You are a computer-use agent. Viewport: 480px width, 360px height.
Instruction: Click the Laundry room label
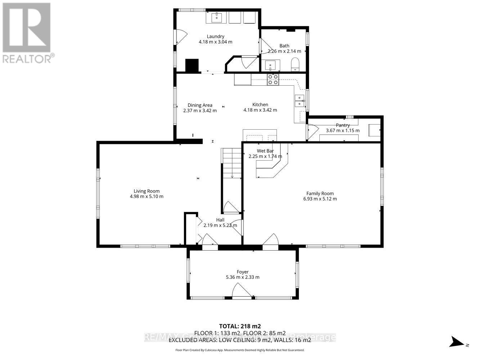click(x=215, y=36)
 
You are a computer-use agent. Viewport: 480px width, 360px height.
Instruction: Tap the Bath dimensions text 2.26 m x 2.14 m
click(x=284, y=51)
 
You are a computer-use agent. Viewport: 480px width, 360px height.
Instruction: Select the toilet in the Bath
click(x=295, y=64)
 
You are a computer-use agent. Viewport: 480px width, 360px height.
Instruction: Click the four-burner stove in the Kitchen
click(x=273, y=80)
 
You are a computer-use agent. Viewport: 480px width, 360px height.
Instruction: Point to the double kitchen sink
click(x=299, y=101)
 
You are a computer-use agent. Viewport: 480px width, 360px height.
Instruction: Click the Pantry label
click(x=342, y=125)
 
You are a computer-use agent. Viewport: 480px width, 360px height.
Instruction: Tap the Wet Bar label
click(x=265, y=151)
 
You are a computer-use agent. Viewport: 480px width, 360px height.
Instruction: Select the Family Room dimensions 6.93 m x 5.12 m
click(x=320, y=199)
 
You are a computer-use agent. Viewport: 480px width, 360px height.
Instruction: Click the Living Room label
click(x=147, y=191)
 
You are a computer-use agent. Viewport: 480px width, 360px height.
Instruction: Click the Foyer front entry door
click(x=242, y=291)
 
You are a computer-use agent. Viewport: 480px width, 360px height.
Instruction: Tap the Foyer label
click(x=242, y=272)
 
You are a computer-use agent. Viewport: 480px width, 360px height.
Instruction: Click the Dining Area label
click(x=200, y=105)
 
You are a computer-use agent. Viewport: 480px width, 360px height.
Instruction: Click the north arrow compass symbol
click(x=457, y=342)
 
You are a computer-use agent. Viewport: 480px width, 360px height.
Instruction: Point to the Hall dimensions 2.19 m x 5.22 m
click(x=220, y=225)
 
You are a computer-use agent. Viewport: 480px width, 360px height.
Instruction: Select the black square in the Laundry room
click(x=192, y=65)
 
